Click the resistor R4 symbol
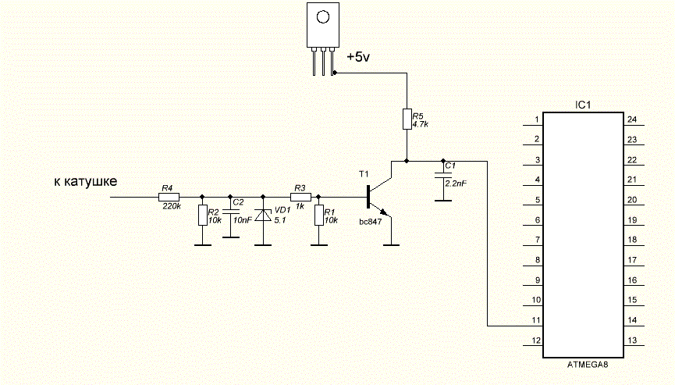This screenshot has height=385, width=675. click(x=169, y=198)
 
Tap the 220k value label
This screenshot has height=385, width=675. click(x=172, y=206)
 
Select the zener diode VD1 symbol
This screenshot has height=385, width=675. click(x=263, y=215)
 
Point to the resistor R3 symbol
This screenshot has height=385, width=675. click(x=300, y=198)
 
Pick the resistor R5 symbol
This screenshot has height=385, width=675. click(x=407, y=119)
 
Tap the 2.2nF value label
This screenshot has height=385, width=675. click(x=456, y=184)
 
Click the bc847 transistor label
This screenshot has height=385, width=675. click(x=371, y=223)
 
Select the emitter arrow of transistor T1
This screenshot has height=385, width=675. click(x=385, y=212)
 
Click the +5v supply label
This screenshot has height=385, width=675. click(x=358, y=57)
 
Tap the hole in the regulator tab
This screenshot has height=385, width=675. click(x=323, y=17)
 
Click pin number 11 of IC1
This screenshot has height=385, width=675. click(x=536, y=320)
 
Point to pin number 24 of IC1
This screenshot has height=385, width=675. click(x=632, y=119)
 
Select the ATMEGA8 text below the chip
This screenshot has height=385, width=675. click(x=588, y=365)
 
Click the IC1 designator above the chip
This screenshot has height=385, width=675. click(x=583, y=105)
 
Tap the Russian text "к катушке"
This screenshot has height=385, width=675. click(x=86, y=181)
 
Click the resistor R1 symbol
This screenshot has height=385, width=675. click(x=318, y=216)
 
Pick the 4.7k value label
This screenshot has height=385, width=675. click(x=420, y=124)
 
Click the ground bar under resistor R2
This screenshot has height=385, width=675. click(x=203, y=245)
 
